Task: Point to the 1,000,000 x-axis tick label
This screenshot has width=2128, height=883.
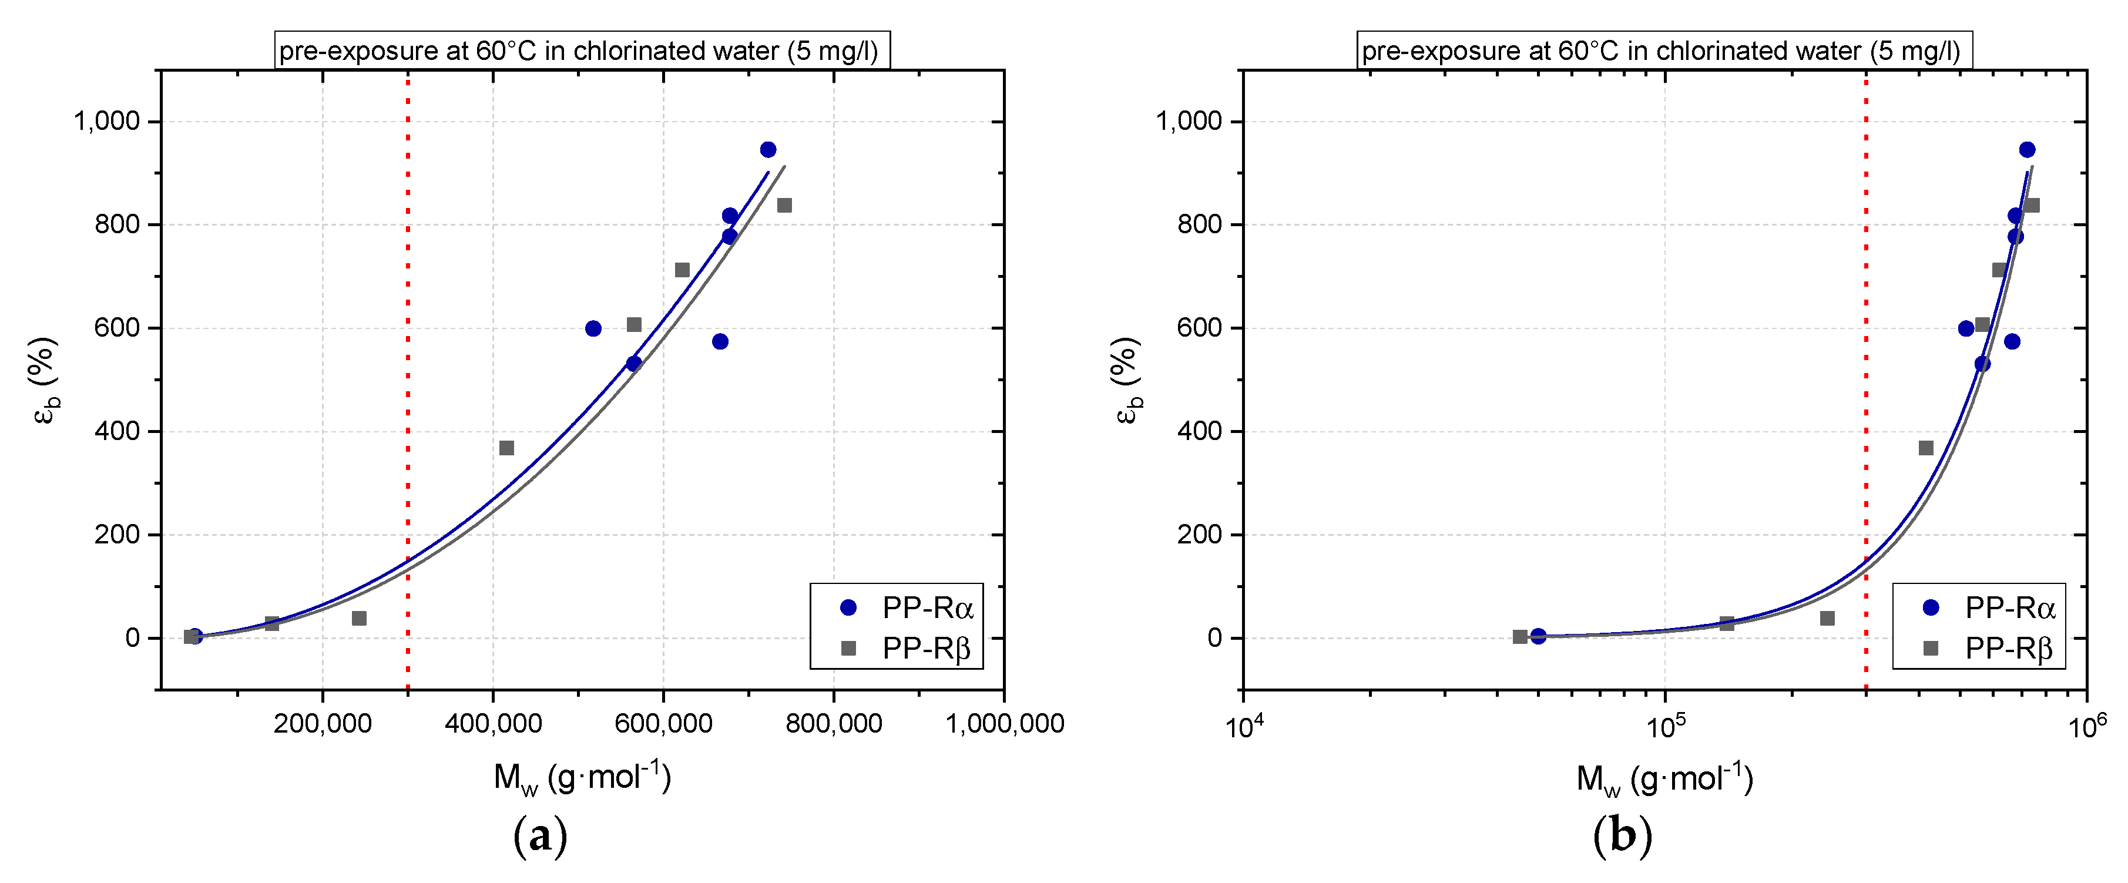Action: point(1003,724)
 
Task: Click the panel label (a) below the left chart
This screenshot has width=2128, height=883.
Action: point(541,836)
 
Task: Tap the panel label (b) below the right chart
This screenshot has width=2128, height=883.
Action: point(1622,836)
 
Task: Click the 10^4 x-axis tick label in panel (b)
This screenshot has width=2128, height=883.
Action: point(1243,726)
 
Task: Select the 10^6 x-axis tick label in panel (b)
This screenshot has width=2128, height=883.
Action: point(2086,726)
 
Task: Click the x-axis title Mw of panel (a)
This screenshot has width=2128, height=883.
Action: point(582,778)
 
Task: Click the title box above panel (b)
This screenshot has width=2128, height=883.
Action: point(1664,51)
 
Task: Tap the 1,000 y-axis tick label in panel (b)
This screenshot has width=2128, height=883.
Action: point(1188,122)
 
